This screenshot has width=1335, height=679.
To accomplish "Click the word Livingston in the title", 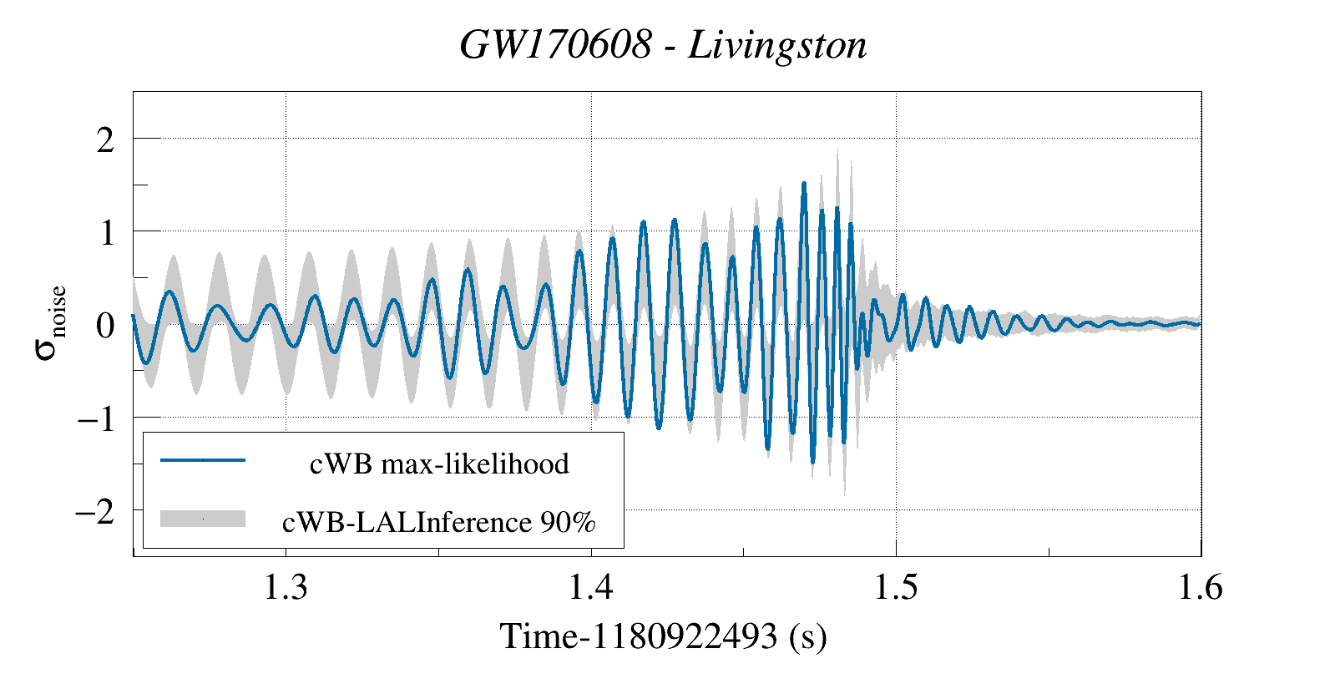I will click(x=777, y=45).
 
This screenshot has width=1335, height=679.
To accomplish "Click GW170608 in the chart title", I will click(x=555, y=45).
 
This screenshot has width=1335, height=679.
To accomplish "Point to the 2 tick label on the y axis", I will click(x=105, y=139).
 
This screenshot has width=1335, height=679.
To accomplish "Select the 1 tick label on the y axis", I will click(x=106, y=232).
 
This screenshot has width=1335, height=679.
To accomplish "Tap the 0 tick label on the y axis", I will click(x=105, y=325).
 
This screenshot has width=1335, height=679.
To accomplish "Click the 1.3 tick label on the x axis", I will click(x=286, y=588).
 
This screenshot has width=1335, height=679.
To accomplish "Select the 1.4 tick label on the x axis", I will click(x=591, y=588).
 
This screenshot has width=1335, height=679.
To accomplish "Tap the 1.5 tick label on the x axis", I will click(x=896, y=588).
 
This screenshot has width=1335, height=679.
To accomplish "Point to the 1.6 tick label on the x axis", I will click(x=1200, y=588).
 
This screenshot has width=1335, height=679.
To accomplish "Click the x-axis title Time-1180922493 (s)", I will click(x=663, y=636).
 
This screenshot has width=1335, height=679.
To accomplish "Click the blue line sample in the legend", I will click(x=203, y=460).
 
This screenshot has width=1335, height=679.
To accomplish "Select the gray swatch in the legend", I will click(x=203, y=519).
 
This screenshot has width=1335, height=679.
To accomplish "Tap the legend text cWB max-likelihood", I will click(x=439, y=464).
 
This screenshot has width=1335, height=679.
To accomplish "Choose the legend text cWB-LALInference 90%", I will click(x=439, y=522).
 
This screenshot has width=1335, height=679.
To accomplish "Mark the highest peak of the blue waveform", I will click(x=804, y=183).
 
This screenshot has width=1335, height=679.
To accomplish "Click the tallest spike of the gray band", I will click(x=837, y=150).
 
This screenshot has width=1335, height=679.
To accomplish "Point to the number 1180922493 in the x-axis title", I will click(x=685, y=636).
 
